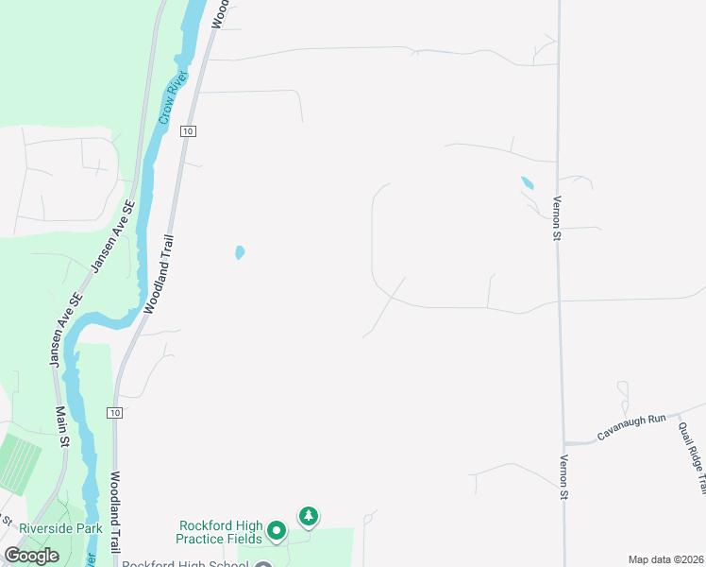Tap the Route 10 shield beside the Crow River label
189,131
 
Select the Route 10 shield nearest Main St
114,413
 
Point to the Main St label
62,427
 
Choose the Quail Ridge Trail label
692,457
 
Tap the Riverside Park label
60,529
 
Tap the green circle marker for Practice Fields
277,531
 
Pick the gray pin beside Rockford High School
262,563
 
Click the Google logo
32,556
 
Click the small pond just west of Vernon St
527,182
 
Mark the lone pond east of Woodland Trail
240,252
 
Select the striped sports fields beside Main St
16,462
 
